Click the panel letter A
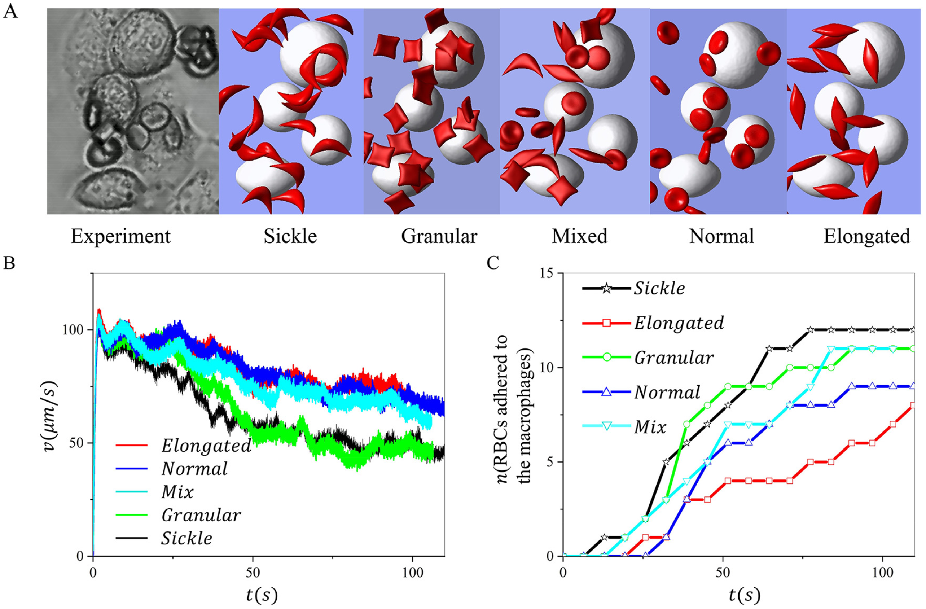[x=10, y=12]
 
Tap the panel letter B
[x=9, y=263]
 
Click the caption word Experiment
[x=120, y=237]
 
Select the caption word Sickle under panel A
[x=290, y=237]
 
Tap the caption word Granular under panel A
[x=439, y=237]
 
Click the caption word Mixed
[x=579, y=237]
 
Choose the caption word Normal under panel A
[x=721, y=237]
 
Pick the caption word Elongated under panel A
[x=866, y=237]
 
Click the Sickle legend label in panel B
[x=187, y=539]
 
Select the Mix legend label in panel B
[x=177, y=492]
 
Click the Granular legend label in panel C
[x=674, y=358]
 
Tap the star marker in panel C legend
[x=606, y=289]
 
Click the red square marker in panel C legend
[x=606, y=323]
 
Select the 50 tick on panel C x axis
[x=723, y=573]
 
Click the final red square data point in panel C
[x=913, y=406]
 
